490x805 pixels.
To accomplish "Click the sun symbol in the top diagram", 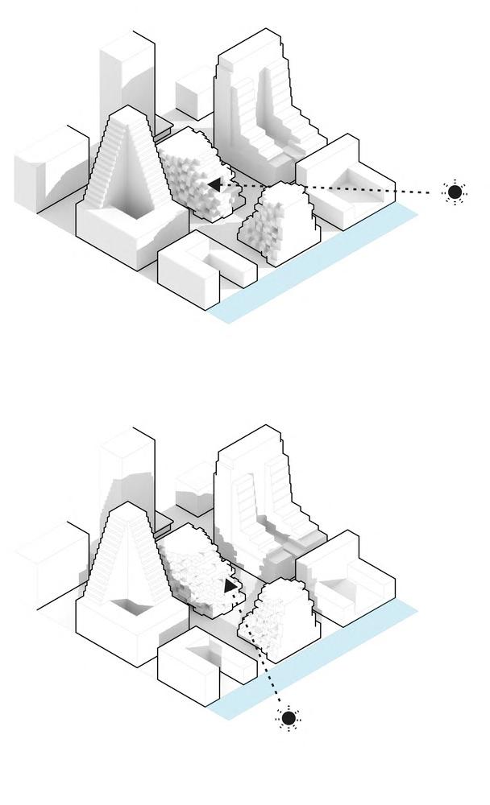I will (x=455, y=192).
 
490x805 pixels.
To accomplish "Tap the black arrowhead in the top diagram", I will (x=214, y=185).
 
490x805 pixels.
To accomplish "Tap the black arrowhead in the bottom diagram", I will (x=230, y=587).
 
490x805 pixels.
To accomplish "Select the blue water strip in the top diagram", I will (x=322, y=265).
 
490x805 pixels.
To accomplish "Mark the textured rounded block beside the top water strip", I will (x=278, y=221).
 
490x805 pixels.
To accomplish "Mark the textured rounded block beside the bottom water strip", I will (x=278, y=620).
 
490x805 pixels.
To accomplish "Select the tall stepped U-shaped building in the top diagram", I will (x=258, y=97).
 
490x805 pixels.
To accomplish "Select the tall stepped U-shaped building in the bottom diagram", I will (x=258, y=491).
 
